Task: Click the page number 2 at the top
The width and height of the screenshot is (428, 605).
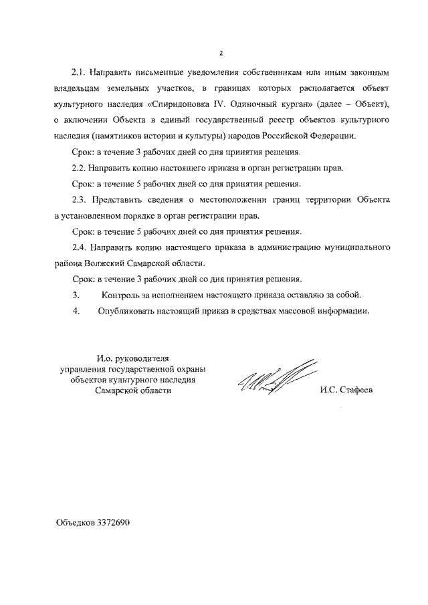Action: pyautogui.click(x=220, y=53)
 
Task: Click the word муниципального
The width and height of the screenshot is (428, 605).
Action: pyautogui.click(x=356, y=248)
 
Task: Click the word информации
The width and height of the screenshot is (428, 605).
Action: pyautogui.click(x=340, y=311)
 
